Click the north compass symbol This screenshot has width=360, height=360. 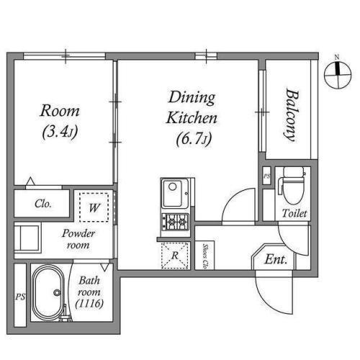pyautogui.click(x=338, y=74)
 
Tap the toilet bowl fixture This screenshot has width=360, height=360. pyautogui.click(x=292, y=185)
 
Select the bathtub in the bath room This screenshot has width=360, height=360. pyautogui.click(x=48, y=292)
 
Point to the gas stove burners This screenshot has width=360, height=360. pyautogui.click(x=176, y=222)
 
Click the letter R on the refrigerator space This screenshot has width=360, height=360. pyautogui.click(x=175, y=256)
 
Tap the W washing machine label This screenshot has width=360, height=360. pyautogui.click(x=94, y=207)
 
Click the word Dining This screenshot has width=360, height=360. pyautogui.click(x=192, y=98)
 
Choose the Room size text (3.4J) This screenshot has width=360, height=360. pyautogui.click(x=60, y=132)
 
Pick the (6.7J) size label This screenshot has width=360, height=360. pyautogui.click(x=194, y=139)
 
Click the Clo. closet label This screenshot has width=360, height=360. pyautogui.click(x=43, y=204)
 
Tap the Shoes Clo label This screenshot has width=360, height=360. pyautogui.click(x=205, y=256)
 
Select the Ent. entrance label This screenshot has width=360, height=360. pyautogui.click(x=276, y=259)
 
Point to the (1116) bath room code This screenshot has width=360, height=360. pyautogui.click(x=89, y=304)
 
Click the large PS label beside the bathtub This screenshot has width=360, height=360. pyautogui.click(x=20, y=297)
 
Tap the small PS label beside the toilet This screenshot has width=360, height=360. pyautogui.click(x=267, y=176)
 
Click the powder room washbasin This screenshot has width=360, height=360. pyautogui.click(x=27, y=238)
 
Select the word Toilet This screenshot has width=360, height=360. pyautogui.click(x=294, y=213)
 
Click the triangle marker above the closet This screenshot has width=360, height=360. pyautogui.click(x=30, y=181)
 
